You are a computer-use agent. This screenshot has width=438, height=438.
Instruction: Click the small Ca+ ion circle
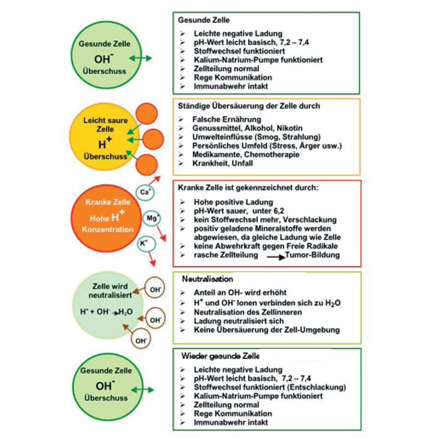tap(146, 192)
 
